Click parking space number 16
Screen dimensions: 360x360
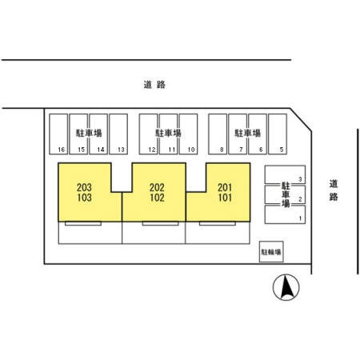[x=58, y=134]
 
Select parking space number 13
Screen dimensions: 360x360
[x=118, y=134]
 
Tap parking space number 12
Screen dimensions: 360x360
[x=149, y=134]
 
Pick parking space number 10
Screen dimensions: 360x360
[x=188, y=134]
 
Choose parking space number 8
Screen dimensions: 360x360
[x=218, y=134]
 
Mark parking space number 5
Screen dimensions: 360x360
[x=278, y=134]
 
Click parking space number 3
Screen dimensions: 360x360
[x=285, y=174]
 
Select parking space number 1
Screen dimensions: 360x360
[x=285, y=214]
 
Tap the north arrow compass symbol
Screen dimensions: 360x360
[x=286, y=287]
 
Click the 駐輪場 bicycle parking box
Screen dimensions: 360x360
[x=271, y=252]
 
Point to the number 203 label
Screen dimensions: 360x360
[x=84, y=187]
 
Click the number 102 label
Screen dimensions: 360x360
[x=157, y=198]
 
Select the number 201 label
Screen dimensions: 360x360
[x=225, y=187]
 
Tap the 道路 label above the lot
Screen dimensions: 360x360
[x=154, y=85]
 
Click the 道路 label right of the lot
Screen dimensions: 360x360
[x=334, y=190]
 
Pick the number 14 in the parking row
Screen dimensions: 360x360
[x=101, y=150]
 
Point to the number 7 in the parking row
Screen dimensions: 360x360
[x=241, y=150]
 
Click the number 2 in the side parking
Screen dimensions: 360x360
[x=300, y=199]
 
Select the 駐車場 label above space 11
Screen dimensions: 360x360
[x=168, y=133]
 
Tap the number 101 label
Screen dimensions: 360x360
[x=225, y=198]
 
